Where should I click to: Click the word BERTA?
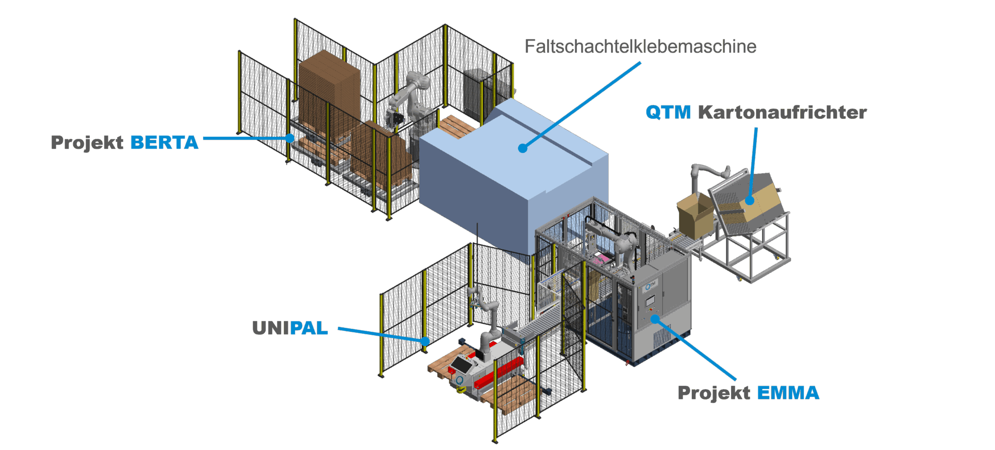coord(164,143)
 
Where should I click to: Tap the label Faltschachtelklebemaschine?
coord(640,47)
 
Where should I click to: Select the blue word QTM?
coord(668,112)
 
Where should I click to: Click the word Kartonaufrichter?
coord(782,112)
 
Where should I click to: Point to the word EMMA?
coord(788,393)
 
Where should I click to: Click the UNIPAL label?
coord(291,328)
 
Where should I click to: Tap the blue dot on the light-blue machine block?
coord(523,148)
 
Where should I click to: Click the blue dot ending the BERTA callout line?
coord(290,138)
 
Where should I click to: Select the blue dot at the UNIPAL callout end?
coord(425,341)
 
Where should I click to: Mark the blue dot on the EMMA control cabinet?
coord(655,319)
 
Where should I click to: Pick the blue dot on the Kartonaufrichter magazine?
coord(750,200)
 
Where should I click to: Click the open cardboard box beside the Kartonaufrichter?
coord(695,214)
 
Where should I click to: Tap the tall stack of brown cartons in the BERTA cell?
coord(329,92)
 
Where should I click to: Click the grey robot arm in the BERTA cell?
coord(411,97)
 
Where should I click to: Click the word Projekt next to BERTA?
coord(87,143)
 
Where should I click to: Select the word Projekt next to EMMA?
coord(714,393)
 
